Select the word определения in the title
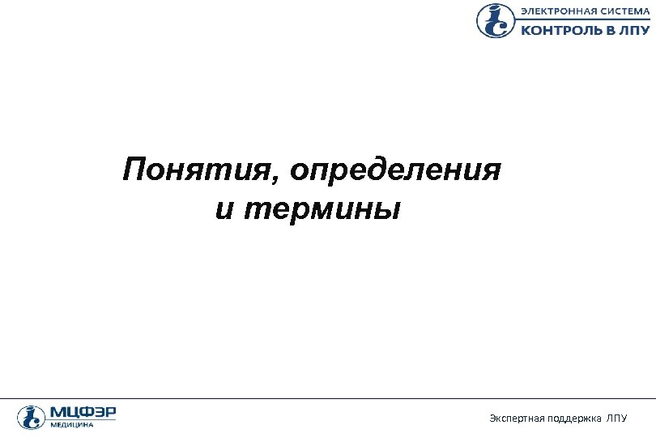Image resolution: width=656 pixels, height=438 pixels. click(397, 172)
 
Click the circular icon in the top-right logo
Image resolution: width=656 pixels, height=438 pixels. click(495, 20)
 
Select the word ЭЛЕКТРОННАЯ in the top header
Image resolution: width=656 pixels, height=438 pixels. click(556, 11)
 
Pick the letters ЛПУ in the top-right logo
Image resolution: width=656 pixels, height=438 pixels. click(634, 30)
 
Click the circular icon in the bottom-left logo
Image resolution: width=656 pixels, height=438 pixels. click(30, 417)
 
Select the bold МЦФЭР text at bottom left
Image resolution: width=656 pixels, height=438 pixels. click(83, 412)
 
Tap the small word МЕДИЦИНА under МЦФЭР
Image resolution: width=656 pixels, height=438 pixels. click(72, 425)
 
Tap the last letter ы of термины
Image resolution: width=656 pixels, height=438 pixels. click(390, 210)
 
